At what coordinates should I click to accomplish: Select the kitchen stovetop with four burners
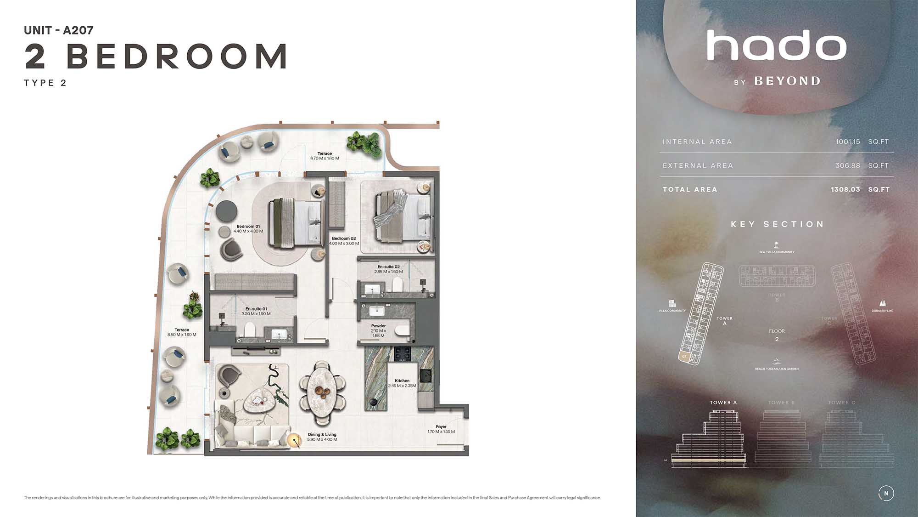coord(403,353)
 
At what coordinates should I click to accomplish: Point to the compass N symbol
coord(886,493)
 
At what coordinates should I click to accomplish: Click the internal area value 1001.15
coord(848,142)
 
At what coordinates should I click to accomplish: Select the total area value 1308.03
coord(845,189)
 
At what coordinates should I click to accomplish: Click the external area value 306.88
coord(847,165)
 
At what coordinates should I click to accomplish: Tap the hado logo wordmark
coord(777,45)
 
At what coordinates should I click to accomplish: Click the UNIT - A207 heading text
coord(59,30)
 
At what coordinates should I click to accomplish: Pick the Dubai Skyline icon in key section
coord(882,303)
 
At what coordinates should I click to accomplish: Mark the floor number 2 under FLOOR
coord(777,339)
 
